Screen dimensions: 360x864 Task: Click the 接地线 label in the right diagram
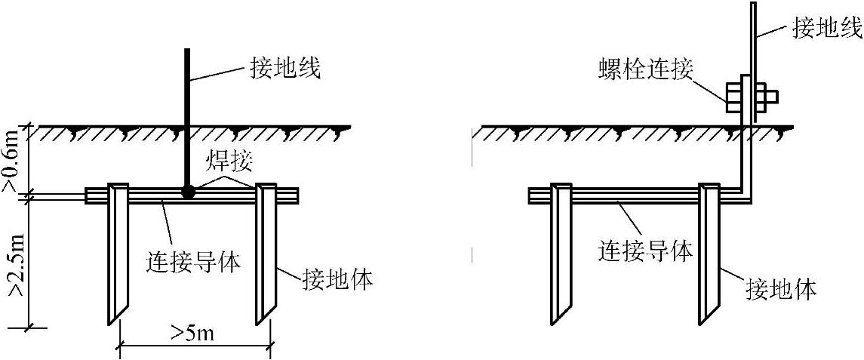point(825,29)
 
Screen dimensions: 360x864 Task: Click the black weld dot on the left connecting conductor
point(189,193)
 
